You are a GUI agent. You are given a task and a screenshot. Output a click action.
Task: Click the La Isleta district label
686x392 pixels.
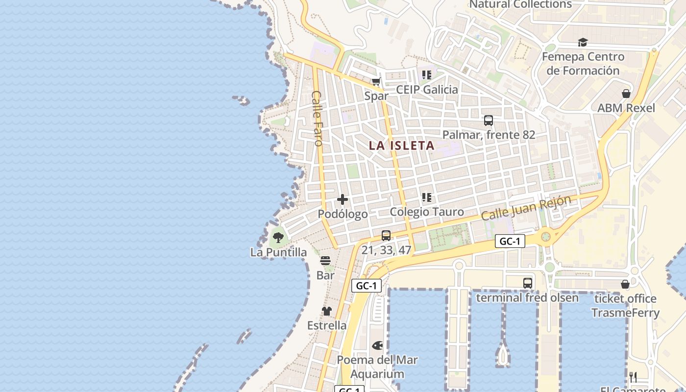pyautogui.click(x=401, y=146)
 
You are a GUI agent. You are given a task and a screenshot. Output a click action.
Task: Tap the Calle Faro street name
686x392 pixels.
pyautogui.click(x=317, y=118)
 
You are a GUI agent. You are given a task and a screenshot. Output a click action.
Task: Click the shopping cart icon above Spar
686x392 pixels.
pyautogui.click(x=376, y=82)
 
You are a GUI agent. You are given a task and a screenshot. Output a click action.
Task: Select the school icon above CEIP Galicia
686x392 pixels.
pyautogui.click(x=427, y=75)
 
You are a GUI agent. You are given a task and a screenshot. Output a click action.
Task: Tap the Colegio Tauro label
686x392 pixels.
pyautogui.click(x=427, y=212)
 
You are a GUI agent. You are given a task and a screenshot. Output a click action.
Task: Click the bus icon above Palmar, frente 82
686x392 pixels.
pyautogui.click(x=488, y=121)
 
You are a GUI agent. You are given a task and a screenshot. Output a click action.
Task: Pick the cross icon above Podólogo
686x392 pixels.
pyautogui.click(x=343, y=199)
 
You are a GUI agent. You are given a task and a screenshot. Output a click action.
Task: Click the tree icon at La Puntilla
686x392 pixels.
pyautogui.click(x=278, y=238)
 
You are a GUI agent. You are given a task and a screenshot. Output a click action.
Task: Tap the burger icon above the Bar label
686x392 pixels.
pyautogui.click(x=325, y=261)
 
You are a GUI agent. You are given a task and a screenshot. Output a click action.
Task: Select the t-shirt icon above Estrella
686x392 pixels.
pyautogui.click(x=327, y=311)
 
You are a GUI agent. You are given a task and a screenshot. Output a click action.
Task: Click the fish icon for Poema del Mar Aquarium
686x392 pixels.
pyautogui.click(x=377, y=345)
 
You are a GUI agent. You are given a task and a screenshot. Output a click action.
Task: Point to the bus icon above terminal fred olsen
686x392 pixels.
pyautogui.click(x=527, y=283)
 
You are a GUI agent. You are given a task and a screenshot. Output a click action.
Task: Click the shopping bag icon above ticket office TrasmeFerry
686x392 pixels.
pyautogui.click(x=625, y=284)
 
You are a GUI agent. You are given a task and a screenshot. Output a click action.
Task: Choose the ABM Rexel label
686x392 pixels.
pyautogui.click(x=626, y=108)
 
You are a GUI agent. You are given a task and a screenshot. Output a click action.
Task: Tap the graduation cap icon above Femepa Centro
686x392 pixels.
pyautogui.click(x=583, y=43)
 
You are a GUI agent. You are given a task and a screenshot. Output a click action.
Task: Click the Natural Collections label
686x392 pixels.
pyautogui.click(x=520, y=4)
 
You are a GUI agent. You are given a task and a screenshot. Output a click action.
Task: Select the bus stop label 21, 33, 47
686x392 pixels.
pyautogui.click(x=386, y=250)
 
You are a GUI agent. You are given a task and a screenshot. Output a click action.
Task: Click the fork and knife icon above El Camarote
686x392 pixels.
pyautogui.click(x=633, y=377)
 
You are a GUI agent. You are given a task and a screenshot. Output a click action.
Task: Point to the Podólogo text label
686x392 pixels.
pyautogui.click(x=343, y=214)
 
